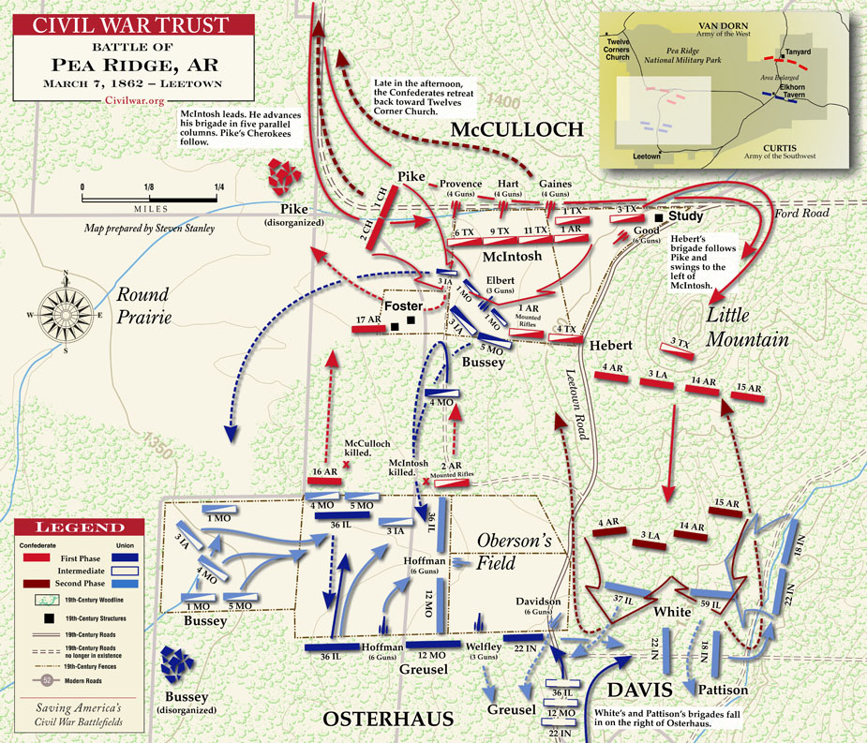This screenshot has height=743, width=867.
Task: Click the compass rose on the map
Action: click(x=66, y=308)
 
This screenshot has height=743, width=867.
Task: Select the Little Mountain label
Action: click(x=747, y=326)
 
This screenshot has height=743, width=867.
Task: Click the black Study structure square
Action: click(x=660, y=217)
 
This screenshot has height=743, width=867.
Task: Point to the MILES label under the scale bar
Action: click(x=151, y=209)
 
